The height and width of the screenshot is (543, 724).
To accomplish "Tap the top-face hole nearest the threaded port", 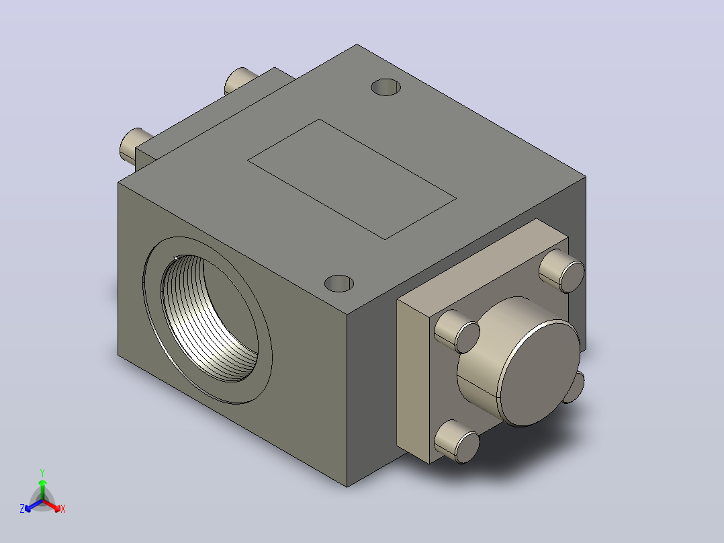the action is click(339, 284).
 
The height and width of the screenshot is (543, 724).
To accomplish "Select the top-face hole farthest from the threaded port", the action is click(386, 87).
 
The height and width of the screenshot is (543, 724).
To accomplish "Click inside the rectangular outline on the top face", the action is click(352, 179).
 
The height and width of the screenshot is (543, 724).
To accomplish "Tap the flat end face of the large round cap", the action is click(539, 373).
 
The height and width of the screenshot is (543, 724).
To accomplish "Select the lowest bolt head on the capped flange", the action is click(457, 442).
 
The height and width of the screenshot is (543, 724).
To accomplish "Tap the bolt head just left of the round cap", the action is click(457, 331).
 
